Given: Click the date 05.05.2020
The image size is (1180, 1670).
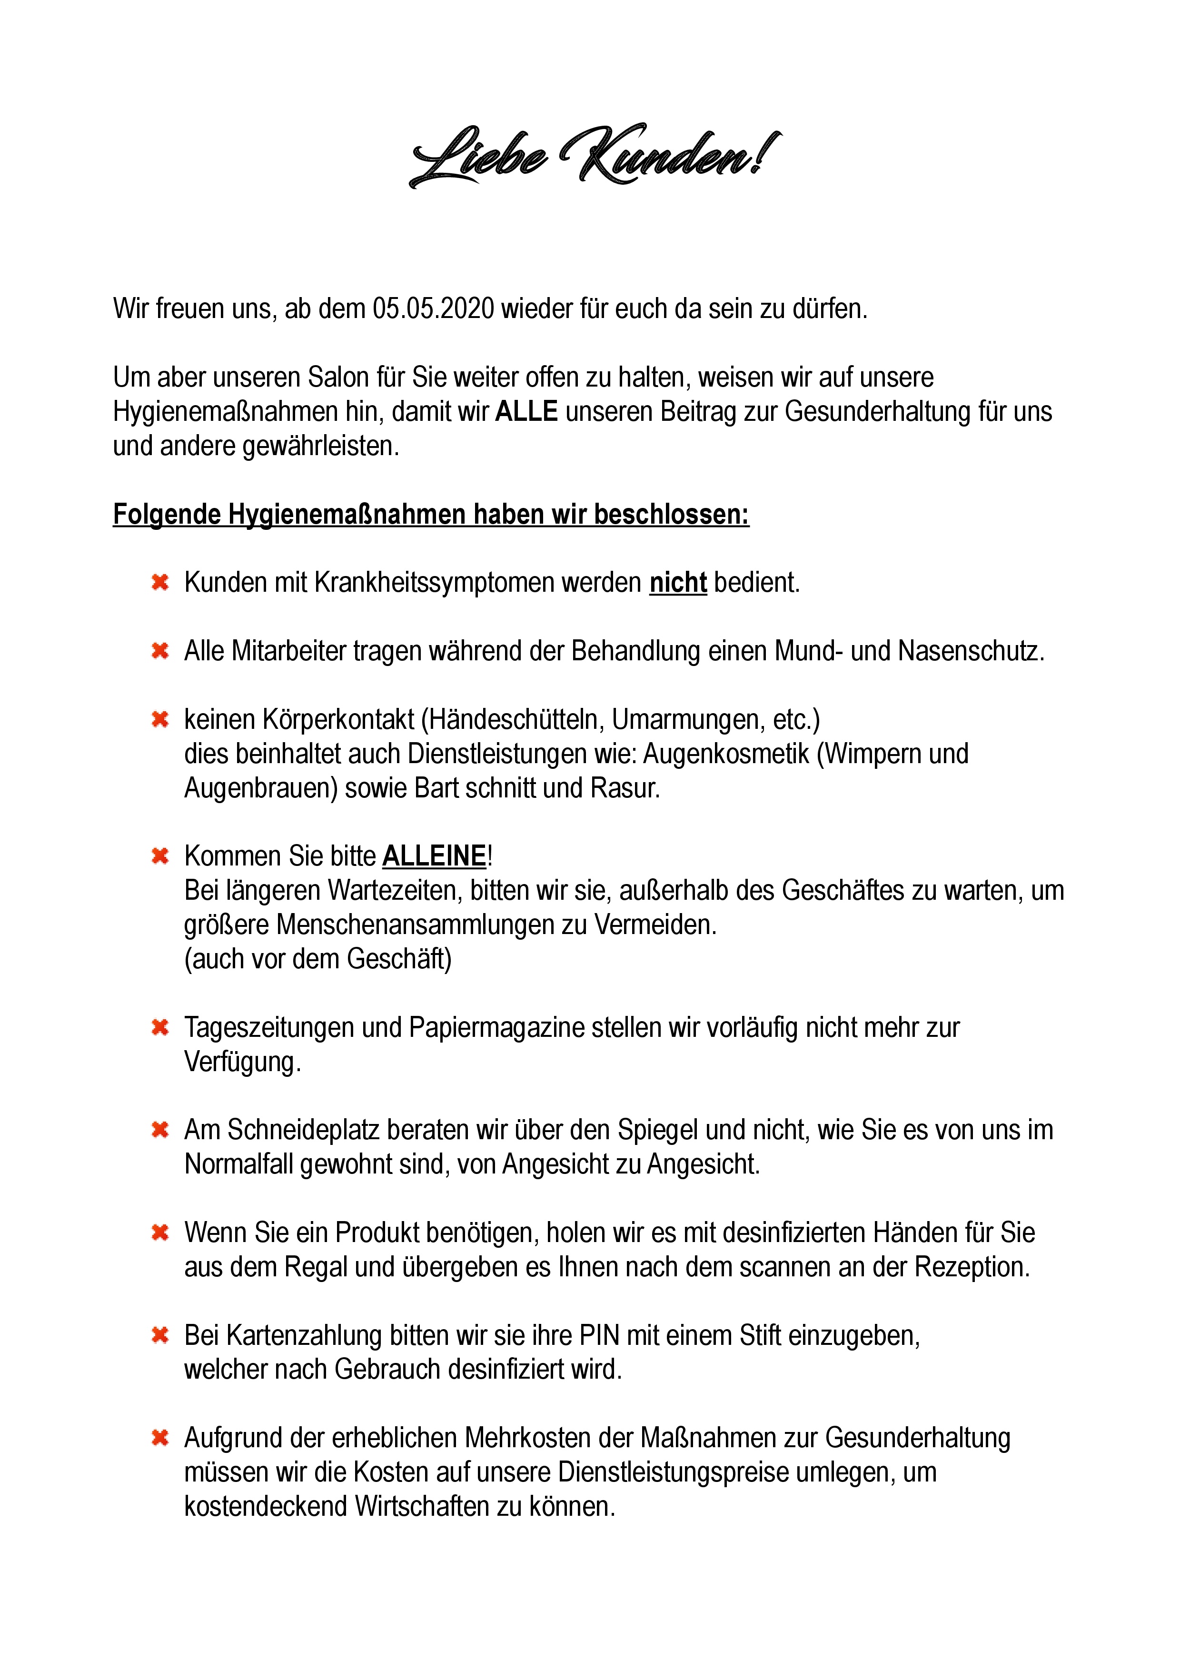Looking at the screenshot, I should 433,309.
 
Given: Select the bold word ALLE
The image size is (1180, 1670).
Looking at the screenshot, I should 526,412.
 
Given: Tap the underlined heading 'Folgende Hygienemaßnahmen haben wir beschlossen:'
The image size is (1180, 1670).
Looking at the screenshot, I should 430,514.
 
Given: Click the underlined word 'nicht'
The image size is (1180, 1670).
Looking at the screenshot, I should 678,583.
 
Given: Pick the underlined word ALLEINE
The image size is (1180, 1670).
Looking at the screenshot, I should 434,856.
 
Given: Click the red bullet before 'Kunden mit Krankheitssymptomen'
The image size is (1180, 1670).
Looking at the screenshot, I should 160,583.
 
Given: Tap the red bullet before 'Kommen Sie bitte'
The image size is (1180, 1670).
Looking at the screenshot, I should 160,856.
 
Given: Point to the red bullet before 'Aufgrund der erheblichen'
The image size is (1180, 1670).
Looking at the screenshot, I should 160,1438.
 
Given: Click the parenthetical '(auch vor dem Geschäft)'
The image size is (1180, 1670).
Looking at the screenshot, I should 317,959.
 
